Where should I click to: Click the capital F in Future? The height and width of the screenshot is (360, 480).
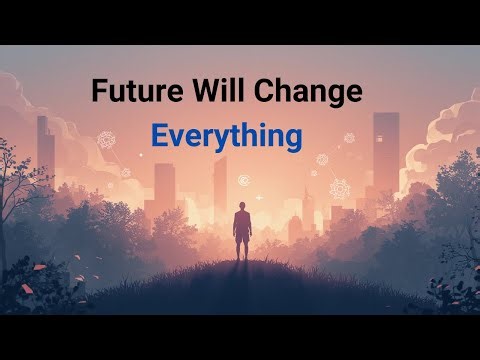99,91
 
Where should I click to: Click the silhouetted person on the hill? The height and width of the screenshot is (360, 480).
240,233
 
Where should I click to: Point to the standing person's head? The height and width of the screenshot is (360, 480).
240,207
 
